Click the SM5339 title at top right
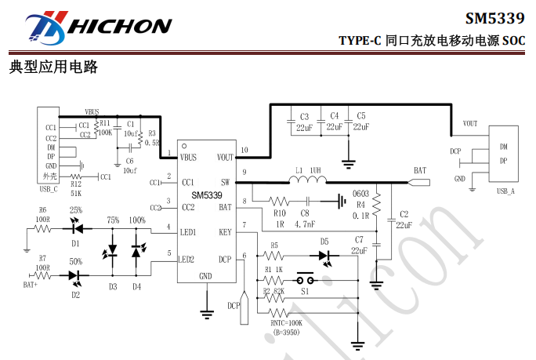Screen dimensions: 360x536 click(x=496, y=18)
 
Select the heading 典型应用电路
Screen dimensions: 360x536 click(x=53, y=67)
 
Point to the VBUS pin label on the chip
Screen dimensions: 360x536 click(x=188, y=158)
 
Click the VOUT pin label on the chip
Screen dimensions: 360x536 click(x=225, y=158)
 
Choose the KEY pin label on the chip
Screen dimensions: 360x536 click(x=226, y=233)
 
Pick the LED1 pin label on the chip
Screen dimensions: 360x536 click(x=187, y=233)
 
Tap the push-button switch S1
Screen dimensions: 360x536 click(x=303, y=280)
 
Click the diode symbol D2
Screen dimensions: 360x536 click(x=75, y=276)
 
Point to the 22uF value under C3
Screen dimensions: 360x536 click(x=304, y=127)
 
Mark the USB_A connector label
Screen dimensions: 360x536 click(x=505, y=191)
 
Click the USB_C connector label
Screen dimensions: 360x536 click(x=49, y=189)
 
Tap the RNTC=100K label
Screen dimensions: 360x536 click(x=287, y=322)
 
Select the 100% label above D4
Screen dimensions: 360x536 click(x=137, y=221)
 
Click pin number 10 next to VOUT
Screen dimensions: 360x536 click(x=245, y=149)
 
